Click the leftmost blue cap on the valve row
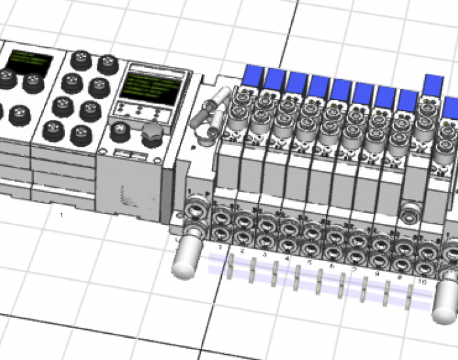[253, 75]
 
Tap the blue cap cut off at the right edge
[451, 107]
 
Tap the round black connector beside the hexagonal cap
[119, 130]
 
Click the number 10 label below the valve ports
[423, 281]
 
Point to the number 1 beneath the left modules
[62, 214]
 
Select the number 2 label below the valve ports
[243, 251]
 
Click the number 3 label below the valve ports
[265, 255]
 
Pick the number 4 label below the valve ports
[287, 258]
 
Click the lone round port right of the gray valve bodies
[410, 211]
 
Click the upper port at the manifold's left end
[194, 211]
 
